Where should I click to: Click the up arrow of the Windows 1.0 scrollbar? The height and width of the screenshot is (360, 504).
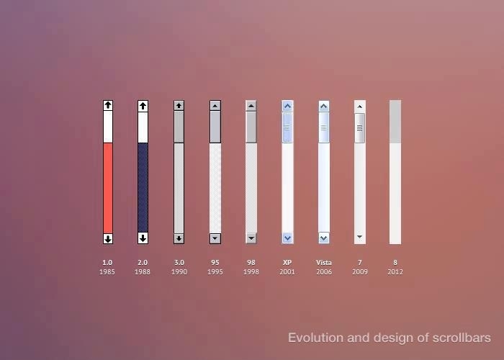108,105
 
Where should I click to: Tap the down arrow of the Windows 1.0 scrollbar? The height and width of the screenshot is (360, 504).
108,238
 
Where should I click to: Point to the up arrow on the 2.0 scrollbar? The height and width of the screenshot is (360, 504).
143,105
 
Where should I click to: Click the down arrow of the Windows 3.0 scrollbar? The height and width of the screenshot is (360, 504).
179,238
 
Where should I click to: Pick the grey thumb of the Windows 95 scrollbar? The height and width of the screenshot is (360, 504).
215,126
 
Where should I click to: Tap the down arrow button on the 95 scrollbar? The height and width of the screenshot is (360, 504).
215,238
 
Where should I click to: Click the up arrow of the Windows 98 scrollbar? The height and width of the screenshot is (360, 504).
251,105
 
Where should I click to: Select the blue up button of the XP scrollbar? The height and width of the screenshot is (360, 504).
287,106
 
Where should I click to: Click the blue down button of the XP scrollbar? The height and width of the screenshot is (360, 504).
287,238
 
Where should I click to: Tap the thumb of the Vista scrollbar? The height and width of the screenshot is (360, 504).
324,127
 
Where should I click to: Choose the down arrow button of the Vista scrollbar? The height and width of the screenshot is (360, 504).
324,238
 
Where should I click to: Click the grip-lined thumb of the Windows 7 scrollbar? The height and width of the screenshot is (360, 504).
360,128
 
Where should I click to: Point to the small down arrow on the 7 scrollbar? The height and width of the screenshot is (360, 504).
360,237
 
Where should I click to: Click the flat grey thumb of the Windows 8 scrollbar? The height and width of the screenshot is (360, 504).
395,121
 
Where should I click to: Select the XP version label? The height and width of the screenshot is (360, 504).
287,263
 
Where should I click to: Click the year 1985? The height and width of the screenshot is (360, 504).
107,272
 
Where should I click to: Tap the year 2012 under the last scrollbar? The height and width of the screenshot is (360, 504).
395,272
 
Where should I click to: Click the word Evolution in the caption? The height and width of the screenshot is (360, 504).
313,338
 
